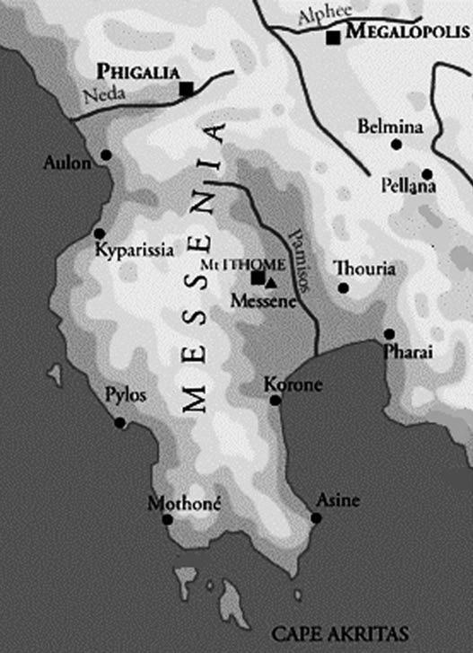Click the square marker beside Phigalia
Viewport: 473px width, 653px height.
[x=186, y=87]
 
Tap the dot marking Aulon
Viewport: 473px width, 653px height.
[x=106, y=155]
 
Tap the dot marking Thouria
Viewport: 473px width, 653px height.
[x=342, y=288]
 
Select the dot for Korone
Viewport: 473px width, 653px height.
[x=276, y=400]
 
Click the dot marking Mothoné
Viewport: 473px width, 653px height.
[x=167, y=519]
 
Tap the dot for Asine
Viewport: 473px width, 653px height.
[x=316, y=518]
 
